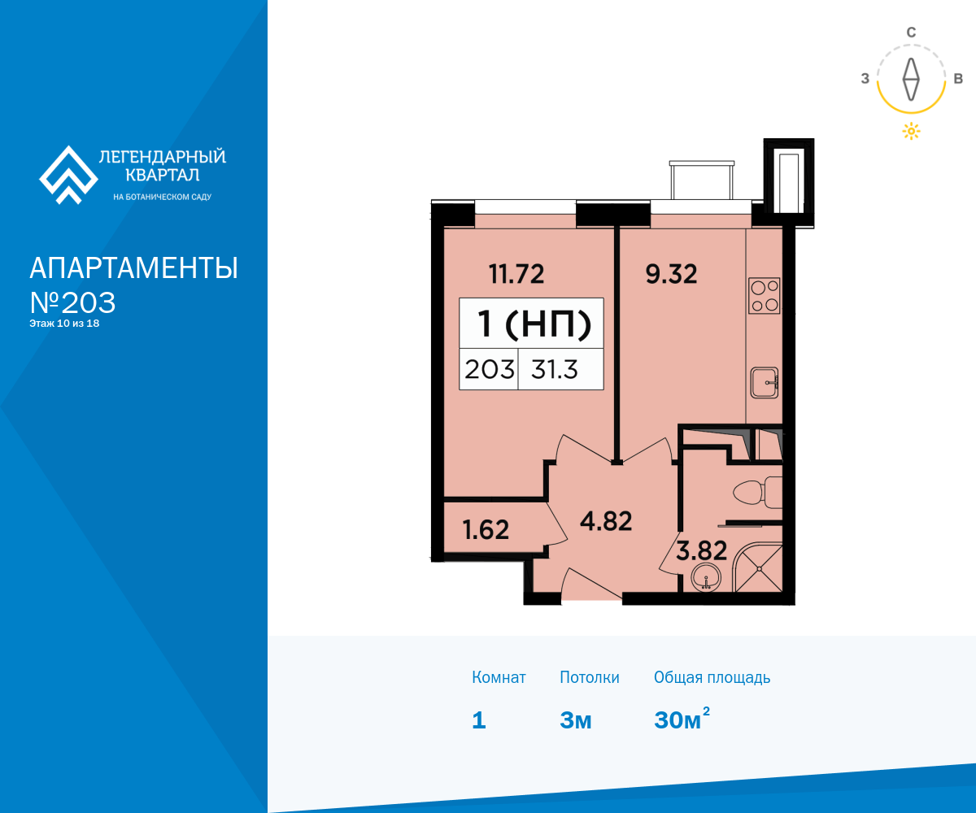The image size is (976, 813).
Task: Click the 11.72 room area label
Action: click(x=516, y=274)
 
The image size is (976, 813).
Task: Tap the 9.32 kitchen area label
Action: click(x=671, y=274)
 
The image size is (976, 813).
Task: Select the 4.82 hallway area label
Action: click(x=606, y=521)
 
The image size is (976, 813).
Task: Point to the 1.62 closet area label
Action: click(x=486, y=530)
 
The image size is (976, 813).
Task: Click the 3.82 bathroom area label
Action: click(x=702, y=550)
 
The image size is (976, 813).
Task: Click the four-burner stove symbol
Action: click(x=765, y=295)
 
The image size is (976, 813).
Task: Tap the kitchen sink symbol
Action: click(x=765, y=383)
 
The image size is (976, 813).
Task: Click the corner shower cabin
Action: click(x=758, y=567)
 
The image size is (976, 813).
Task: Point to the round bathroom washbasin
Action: click(x=706, y=578)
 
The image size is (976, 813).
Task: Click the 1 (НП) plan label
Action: click(x=534, y=324)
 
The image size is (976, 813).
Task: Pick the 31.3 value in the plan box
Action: click(x=555, y=370)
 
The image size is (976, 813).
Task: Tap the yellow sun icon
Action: click(x=911, y=131)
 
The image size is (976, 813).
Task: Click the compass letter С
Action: click(x=911, y=33)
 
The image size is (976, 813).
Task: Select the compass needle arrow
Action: click(x=911, y=80)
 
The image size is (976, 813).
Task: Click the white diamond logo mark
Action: click(x=68, y=175)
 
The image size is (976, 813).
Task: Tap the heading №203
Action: click(x=72, y=302)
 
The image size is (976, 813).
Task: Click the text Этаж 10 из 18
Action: click(x=64, y=324)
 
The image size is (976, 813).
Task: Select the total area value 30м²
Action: click(x=682, y=718)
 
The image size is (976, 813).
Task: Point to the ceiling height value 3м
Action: click(x=575, y=720)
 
